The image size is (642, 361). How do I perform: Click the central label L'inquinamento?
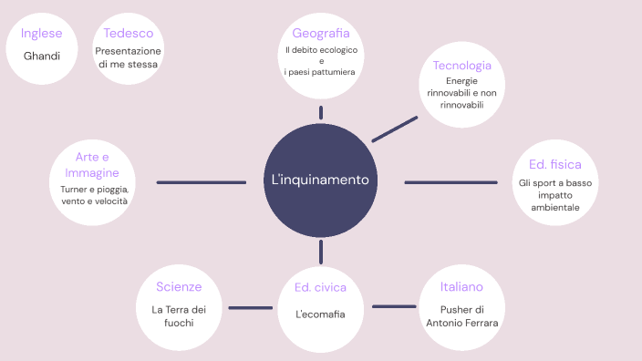(x=320, y=180)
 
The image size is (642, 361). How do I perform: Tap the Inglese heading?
(x=41, y=34)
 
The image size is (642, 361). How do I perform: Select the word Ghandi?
(x=42, y=56)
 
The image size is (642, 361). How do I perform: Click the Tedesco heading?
(x=128, y=34)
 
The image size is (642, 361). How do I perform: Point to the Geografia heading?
(x=320, y=34)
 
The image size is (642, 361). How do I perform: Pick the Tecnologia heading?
(x=462, y=66)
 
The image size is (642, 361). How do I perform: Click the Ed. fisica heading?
(x=554, y=165)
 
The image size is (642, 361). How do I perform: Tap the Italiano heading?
(x=461, y=287)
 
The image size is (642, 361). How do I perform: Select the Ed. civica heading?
(x=320, y=287)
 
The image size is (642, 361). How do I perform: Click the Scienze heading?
(x=179, y=286)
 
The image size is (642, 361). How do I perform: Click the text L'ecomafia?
(x=320, y=315)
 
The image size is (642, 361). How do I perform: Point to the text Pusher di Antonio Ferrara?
(x=461, y=315)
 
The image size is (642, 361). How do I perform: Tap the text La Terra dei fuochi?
(x=179, y=315)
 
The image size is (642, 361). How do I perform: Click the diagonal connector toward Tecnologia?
(x=395, y=128)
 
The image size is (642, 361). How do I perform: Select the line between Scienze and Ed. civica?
(x=250, y=307)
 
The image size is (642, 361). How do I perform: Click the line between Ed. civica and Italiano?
(x=394, y=306)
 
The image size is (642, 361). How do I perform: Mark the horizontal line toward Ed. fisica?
(x=450, y=182)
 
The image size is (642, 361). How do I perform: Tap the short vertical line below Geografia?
(x=321, y=112)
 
